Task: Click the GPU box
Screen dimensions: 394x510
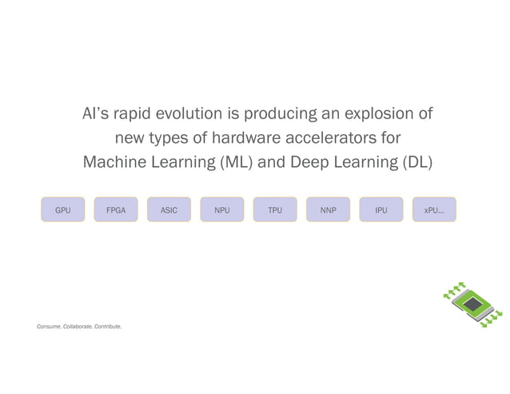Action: point(63,210)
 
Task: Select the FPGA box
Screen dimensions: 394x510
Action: point(116,210)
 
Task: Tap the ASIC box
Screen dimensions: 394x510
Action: point(169,210)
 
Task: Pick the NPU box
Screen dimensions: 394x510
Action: point(222,210)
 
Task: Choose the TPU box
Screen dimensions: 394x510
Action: point(275,210)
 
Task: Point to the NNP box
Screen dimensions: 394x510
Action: point(328,210)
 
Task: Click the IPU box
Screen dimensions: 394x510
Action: point(381,210)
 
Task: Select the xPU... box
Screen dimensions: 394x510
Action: point(434,210)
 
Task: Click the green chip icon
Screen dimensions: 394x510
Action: point(472,304)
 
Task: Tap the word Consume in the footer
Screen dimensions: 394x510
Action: point(49,327)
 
